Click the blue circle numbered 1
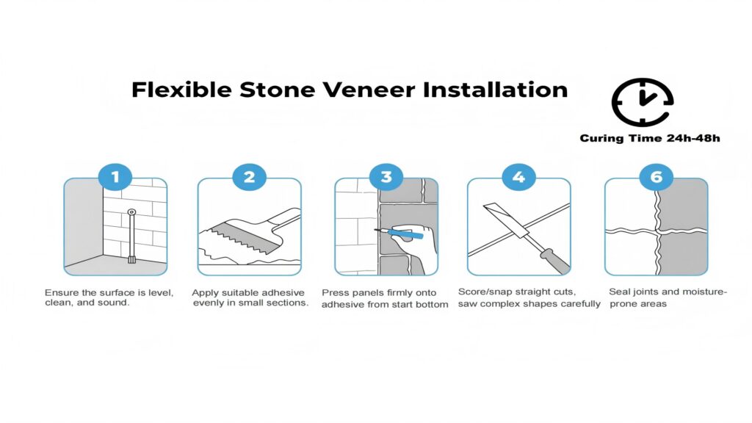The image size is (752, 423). [x=115, y=176]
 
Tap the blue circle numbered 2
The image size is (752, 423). [x=250, y=176]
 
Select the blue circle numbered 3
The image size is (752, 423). [x=386, y=176]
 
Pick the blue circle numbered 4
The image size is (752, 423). [x=519, y=176]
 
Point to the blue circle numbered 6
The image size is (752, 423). [x=656, y=176]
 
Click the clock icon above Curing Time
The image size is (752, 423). [x=643, y=102]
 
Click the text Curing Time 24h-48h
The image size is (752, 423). [x=650, y=138]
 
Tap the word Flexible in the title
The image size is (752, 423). [x=181, y=90]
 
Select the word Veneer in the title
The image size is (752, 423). [x=369, y=90]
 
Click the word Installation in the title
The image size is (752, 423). [x=495, y=90]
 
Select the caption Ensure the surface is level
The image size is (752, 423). [x=109, y=297]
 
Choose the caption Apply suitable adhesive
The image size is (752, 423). [x=250, y=297]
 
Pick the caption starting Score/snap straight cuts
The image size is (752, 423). [x=529, y=297]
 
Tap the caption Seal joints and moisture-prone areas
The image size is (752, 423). [x=668, y=297]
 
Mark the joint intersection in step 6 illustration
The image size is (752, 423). [x=657, y=231]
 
